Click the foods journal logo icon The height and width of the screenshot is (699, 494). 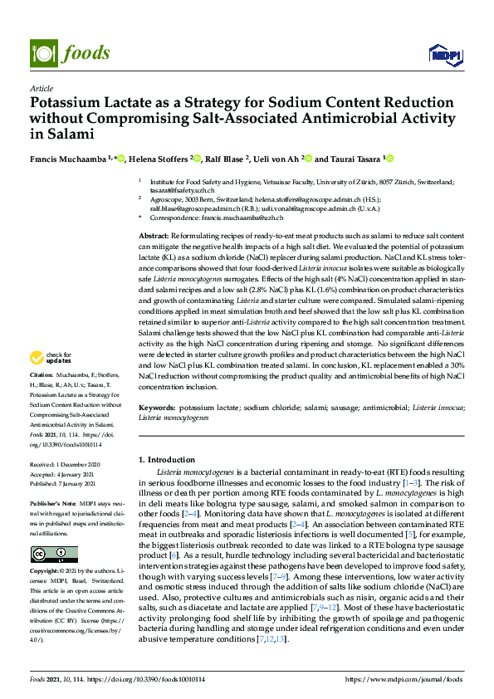tap(41, 51)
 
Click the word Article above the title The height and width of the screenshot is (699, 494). tap(41, 88)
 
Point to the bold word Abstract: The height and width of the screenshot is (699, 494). tap(154, 237)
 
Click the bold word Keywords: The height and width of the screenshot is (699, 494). tap(157, 408)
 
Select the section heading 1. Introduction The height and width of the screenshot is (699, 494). tap(166, 458)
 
